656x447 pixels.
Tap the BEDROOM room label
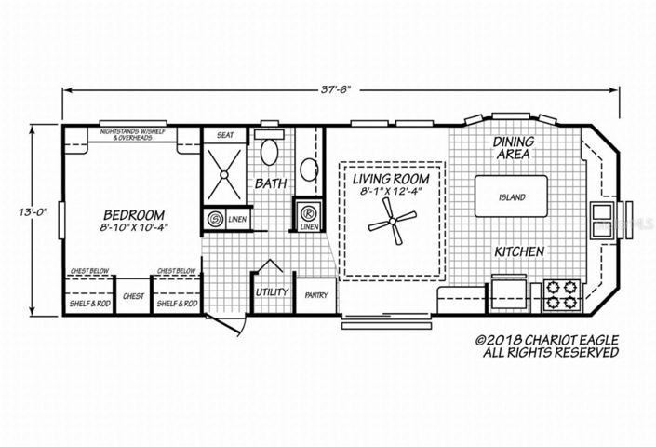(134, 212)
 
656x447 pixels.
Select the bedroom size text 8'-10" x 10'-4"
(134, 227)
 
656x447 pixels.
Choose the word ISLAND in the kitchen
(512, 197)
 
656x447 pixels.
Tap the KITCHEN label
(518, 252)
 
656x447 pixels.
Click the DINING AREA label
(512, 147)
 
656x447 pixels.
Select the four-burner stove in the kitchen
(562, 293)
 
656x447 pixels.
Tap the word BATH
(270, 183)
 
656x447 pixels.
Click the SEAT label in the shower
(225, 135)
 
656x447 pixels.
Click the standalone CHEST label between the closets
(132, 296)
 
